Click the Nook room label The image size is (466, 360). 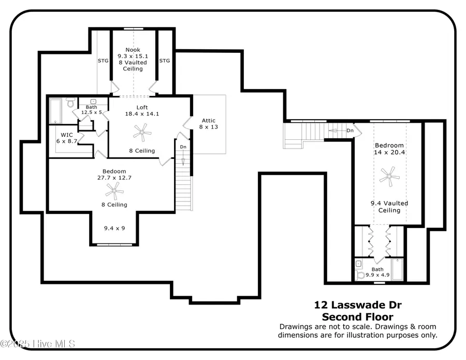pos(133,50)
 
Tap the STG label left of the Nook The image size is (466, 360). pos(104,61)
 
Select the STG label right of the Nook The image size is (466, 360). pos(164,61)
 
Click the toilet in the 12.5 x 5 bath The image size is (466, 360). pos(71,104)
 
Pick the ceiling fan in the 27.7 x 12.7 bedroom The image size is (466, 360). pos(114,192)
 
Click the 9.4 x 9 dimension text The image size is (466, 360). pos(114,227)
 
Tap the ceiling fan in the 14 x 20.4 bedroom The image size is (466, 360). pos(388,177)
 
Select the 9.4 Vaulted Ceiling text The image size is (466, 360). pos(389,207)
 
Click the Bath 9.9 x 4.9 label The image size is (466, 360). pos(377,272)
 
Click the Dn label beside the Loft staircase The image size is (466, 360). pos(183,147)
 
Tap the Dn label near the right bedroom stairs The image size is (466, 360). pos(349,131)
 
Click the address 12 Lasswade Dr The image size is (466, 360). pos(357,306)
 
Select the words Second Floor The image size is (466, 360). pos(357,316)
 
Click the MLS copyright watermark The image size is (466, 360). pos(38,343)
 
